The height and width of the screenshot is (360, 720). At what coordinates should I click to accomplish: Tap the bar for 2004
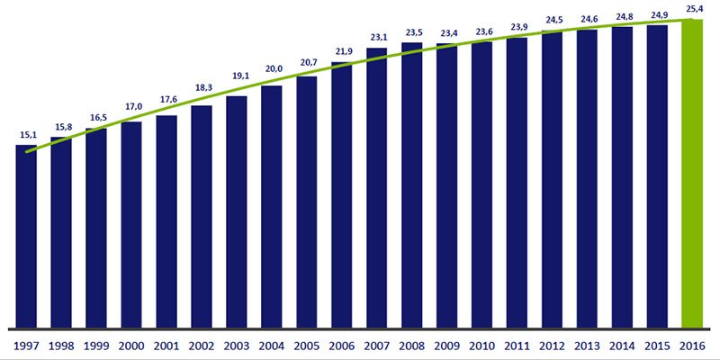click(x=272, y=206)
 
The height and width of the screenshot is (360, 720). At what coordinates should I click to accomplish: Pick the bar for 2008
click(x=412, y=184)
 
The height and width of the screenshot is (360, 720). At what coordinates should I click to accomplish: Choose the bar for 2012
click(x=553, y=179)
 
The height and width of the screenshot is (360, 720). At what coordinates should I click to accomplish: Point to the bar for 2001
click(x=166, y=221)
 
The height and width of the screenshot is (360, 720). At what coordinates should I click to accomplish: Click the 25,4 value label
click(x=691, y=10)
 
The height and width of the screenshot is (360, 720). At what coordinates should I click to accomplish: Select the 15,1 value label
click(x=26, y=136)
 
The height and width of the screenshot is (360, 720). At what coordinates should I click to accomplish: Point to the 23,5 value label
click(x=412, y=33)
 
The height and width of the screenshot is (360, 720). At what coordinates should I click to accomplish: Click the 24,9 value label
click(x=657, y=15)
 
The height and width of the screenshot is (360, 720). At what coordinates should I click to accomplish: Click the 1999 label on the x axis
click(x=96, y=345)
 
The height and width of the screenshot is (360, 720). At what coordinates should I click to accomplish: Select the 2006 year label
click(x=342, y=345)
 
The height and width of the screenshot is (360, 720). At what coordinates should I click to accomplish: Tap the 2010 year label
click(x=482, y=345)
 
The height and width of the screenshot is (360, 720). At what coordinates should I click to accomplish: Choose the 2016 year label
click(x=691, y=345)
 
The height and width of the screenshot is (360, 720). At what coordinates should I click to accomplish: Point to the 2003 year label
click(x=237, y=345)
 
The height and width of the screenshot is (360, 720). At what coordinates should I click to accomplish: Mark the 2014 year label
click(x=622, y=345)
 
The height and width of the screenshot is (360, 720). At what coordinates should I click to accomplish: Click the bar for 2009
click(x=447, y=185)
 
